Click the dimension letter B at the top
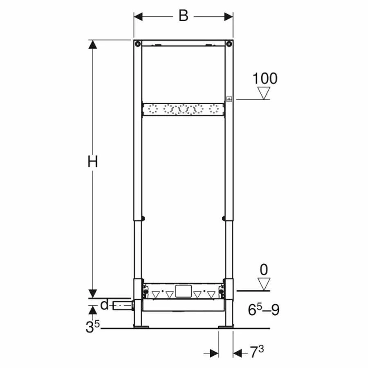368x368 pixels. (x=183, y=16)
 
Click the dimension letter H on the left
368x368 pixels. (x=93, y=162)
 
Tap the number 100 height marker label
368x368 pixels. (x=265, y=79)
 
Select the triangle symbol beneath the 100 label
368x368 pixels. (x=265, y=93)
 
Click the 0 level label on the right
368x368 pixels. (x=264, y=269)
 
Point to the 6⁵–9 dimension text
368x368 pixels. (x=264, y=310)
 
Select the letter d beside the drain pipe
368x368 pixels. (x=105, y=305)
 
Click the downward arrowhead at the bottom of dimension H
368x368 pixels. (x=93, y=293)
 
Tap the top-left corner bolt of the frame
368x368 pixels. (x=138, y=44)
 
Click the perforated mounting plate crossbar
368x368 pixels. (x=183, y=110)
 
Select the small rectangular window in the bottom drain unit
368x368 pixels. (x=183, y=291)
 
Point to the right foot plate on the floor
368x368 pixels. (x=226, y=326)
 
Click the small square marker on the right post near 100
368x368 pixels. (x=229, y=99)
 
